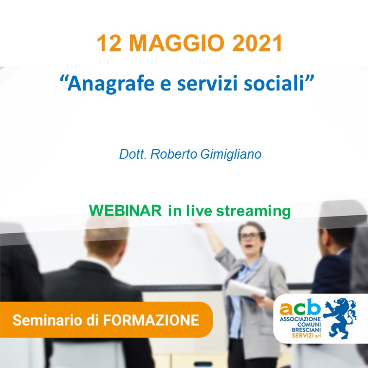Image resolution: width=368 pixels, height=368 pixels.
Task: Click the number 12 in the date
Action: [x=109, y=43]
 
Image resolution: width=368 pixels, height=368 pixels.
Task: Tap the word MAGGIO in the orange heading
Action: [x=176, y=43]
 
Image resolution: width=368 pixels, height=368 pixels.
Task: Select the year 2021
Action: [x=257, y=43]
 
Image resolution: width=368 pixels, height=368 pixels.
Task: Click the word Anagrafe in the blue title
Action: [x=111, y=84]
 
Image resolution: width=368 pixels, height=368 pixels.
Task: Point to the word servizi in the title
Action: [x=207, y=84]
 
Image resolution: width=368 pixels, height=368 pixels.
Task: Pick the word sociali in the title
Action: [x=274, y=84]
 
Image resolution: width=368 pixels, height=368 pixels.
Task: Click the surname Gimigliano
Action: [x=231, y=155]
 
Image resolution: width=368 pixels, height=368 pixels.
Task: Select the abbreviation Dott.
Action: [x=133, y=154]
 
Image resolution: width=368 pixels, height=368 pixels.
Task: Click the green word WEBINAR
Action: [x=125, y=210]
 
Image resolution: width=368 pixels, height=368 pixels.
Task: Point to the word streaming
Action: [x=253, y=211]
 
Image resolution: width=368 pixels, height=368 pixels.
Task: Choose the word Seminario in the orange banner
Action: [x=48, y=320]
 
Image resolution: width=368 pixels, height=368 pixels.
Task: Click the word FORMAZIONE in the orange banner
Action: [x=151, y=320]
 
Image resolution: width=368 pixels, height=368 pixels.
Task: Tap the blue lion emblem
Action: [x=340, y=318]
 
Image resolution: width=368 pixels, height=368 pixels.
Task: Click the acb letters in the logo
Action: [x=300, y=307]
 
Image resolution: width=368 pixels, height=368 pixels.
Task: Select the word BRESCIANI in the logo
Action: [x=306, y=330]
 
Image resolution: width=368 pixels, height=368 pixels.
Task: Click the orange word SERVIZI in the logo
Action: [x=303, y=335]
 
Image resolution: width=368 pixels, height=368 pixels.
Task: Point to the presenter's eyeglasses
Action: [x=250, y=237]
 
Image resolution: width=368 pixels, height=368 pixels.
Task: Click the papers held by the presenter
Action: [x=246, y=289]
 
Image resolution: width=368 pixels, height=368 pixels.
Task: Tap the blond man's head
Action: [x=107, y=238]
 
